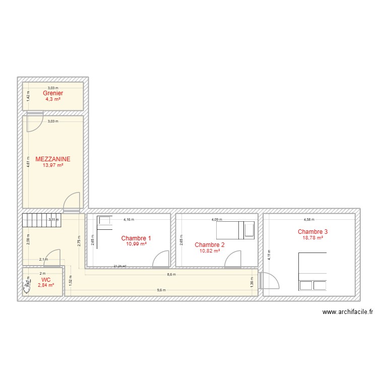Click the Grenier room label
[53, 93]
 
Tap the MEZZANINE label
[53, 159]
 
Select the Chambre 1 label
[136, 238]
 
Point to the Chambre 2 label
[210, 245]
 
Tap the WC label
[46, 279]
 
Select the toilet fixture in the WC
[26, 287]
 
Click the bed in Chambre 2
[236, 230]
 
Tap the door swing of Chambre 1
[161, 259]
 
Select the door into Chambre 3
[269, 280]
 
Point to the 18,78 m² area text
[312, 238]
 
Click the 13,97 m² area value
[53, 165]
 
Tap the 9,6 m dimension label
[161, 290]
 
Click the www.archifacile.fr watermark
[347, 312]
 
